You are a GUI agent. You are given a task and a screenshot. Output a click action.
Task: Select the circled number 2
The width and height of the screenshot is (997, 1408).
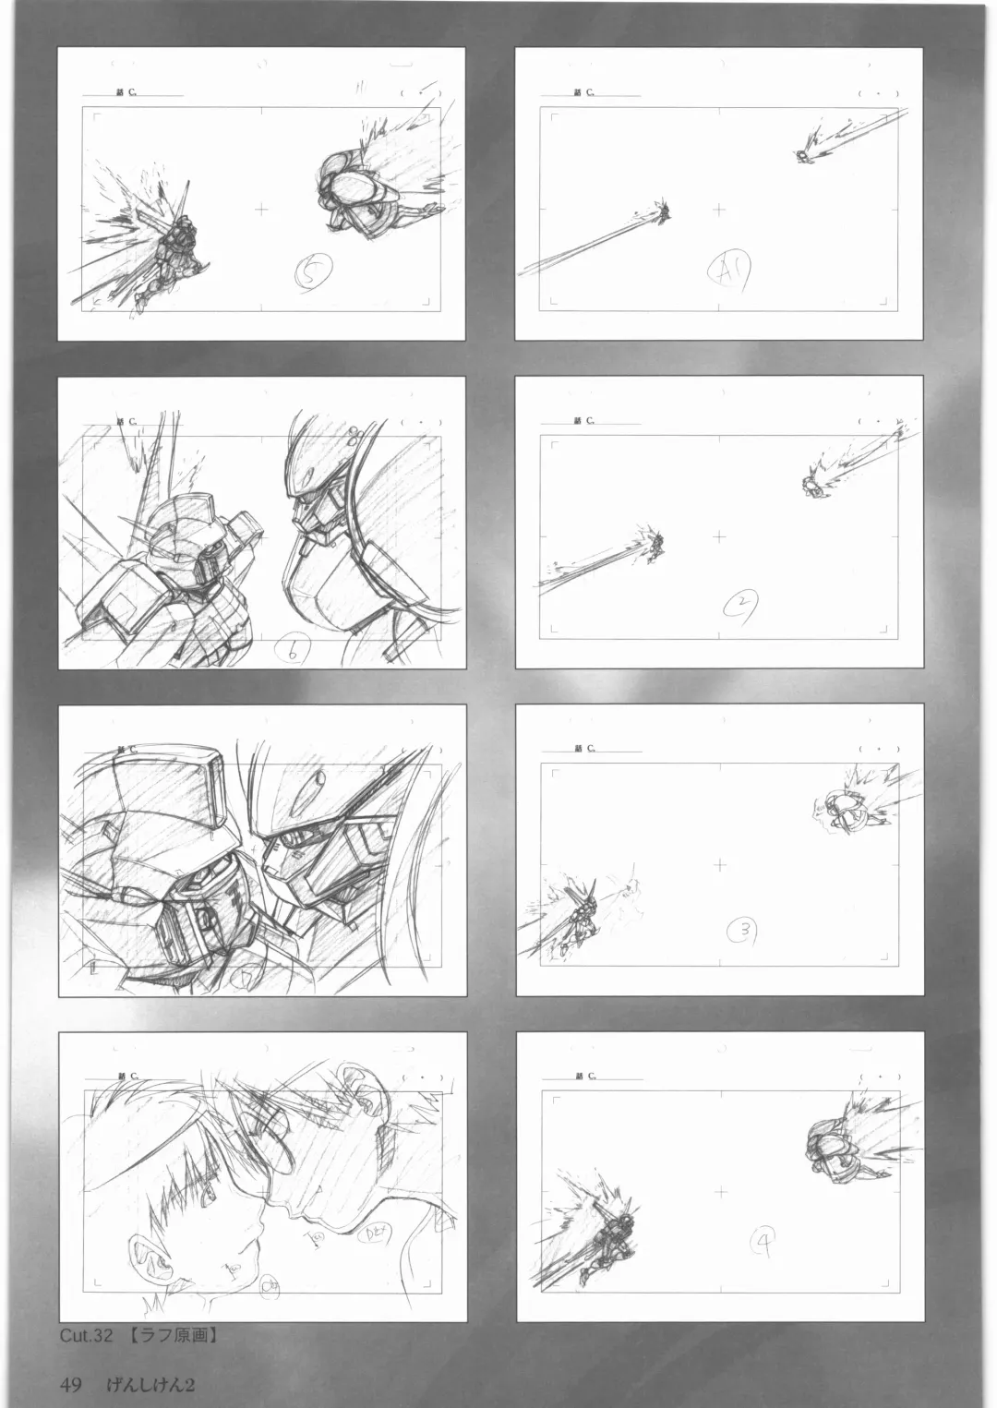coord(741,605)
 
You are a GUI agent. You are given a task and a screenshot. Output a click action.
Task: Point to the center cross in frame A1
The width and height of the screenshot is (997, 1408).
coord(718,210)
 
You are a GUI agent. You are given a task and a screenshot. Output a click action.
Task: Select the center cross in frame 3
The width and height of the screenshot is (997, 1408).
coord(719,864)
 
